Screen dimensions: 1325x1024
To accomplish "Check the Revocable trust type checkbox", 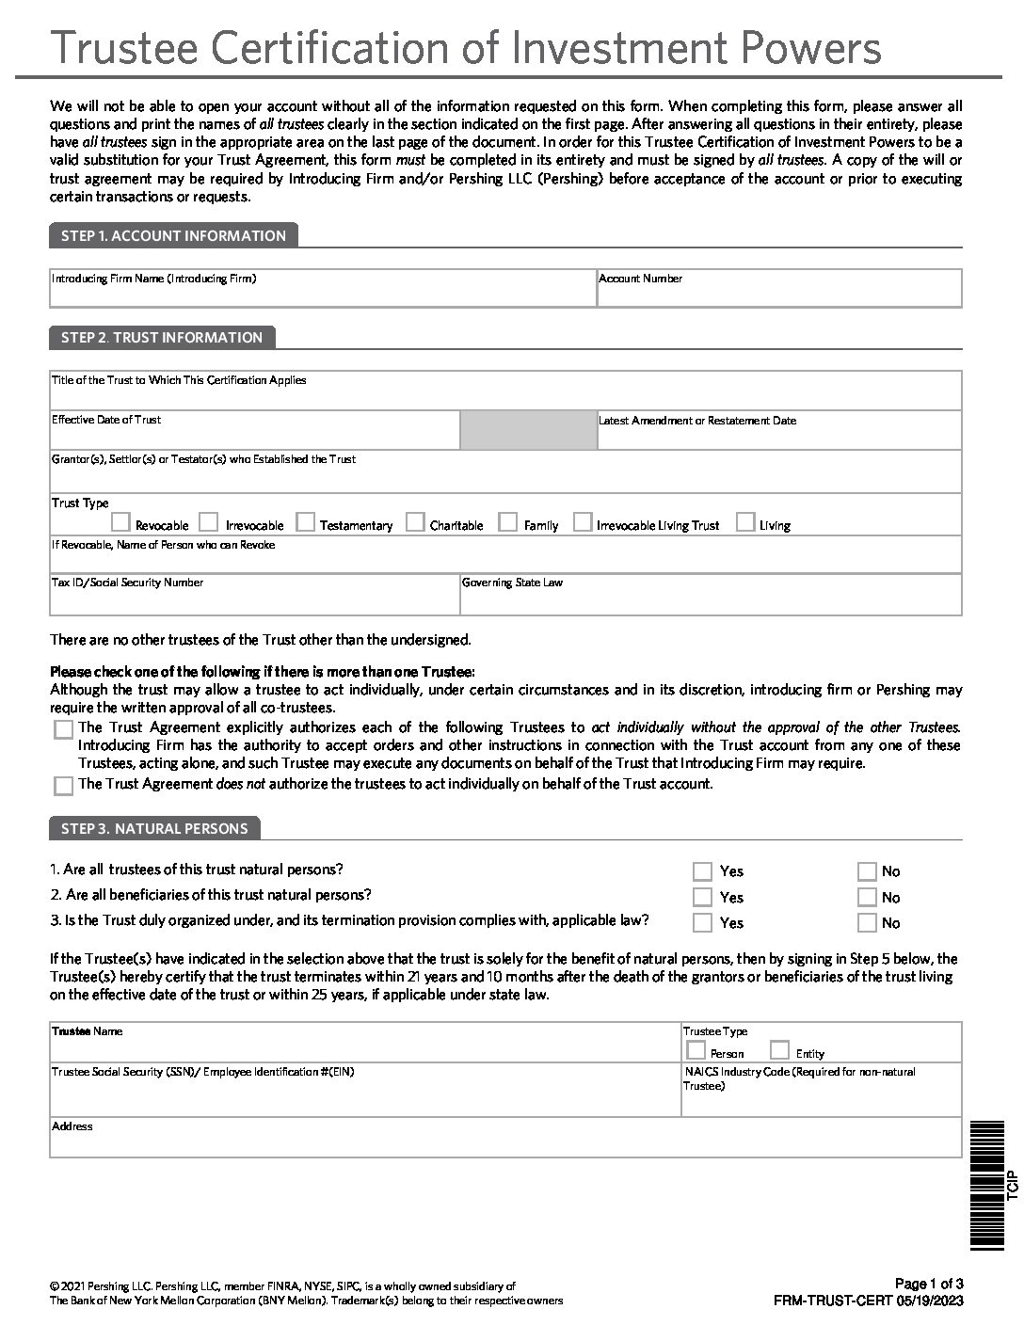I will click(120, 522).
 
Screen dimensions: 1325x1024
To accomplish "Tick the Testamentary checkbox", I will click(305, 522).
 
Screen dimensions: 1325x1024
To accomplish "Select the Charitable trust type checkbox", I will click(415, 522).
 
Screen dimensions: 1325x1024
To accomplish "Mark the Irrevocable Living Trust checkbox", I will click(583, 522).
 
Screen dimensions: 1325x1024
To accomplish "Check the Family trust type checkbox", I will click(508, 522).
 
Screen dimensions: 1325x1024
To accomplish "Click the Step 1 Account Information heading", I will click(173, 236).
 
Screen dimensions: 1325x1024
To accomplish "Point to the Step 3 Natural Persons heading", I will click(154, 829).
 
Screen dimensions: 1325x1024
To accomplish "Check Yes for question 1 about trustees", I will click(702, 871).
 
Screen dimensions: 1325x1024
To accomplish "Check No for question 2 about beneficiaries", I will click(867, 897).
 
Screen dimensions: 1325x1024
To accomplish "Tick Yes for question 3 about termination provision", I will click(702, 923).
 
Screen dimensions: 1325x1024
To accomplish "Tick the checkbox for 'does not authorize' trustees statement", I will click(64, 786).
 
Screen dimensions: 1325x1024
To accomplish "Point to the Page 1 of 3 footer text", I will click(928, 1284).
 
